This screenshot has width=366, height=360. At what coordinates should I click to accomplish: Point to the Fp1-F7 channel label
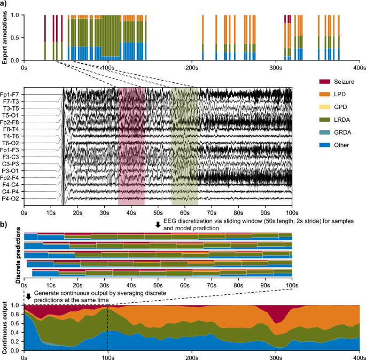point(11,94)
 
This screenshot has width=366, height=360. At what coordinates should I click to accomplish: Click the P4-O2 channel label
point(11,199)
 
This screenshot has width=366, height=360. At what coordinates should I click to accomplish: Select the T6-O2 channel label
point(11,143)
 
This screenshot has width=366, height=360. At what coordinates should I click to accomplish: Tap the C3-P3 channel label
point(11,164)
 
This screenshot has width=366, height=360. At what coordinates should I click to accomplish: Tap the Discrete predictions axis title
point(18,254)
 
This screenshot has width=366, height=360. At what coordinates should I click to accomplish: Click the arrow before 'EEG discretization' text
point(158,225)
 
